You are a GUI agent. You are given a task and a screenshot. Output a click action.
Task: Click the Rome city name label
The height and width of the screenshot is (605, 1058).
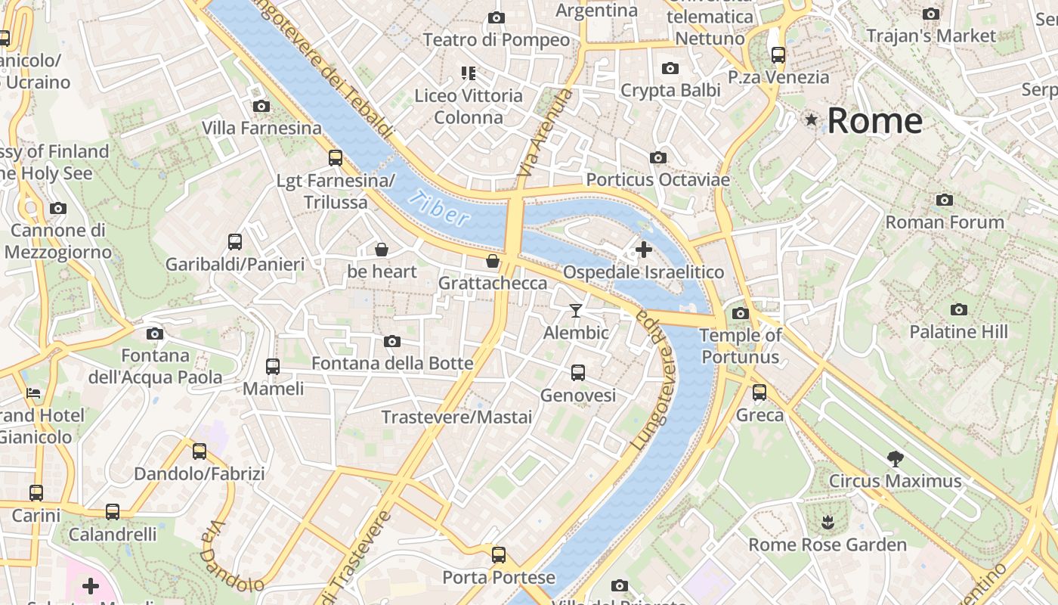874,121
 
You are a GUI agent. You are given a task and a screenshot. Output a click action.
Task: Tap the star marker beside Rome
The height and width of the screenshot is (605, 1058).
812,119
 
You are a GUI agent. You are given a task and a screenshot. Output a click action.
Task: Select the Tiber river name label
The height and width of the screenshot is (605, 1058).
438,209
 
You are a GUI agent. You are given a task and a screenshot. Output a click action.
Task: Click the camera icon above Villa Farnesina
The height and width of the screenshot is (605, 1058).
261,106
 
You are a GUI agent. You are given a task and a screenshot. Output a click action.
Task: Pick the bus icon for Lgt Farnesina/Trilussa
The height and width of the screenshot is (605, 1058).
336,158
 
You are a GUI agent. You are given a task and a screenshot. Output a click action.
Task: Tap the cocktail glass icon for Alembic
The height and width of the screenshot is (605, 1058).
576,310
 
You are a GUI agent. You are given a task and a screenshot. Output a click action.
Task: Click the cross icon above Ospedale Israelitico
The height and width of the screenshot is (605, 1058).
644,249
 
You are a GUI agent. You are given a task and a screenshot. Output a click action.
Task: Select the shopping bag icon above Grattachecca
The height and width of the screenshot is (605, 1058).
493,261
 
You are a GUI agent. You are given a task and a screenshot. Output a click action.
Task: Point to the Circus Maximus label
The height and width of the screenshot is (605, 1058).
895,481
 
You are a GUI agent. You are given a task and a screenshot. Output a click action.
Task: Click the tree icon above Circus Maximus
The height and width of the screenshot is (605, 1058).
896,458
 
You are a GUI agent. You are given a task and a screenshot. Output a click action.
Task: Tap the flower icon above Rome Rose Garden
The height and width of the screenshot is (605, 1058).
828,522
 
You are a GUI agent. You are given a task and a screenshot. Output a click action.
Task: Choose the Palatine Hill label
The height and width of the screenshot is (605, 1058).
958,332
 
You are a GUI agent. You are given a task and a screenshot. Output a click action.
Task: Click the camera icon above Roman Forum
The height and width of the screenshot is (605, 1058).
944,200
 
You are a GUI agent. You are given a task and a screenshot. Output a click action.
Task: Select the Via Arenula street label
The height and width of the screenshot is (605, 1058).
544,133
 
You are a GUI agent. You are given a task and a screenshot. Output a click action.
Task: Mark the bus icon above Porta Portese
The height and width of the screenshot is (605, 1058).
499,555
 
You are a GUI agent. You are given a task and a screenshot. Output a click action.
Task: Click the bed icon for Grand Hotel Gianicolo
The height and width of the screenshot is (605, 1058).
33,392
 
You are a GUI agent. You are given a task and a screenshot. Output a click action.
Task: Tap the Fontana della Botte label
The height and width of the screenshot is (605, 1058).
392,364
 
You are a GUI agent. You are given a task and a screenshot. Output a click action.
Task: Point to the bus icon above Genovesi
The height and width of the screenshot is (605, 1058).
578,373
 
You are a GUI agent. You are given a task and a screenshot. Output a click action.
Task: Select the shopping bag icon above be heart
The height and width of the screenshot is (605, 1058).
382,249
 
